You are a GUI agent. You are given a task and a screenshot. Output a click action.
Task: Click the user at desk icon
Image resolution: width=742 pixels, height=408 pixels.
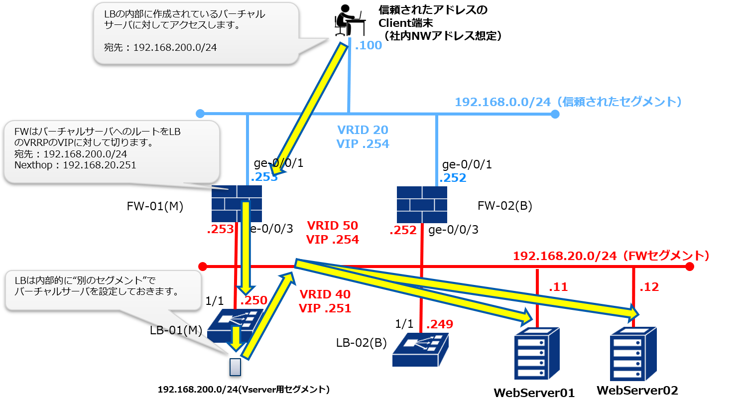pyautogui.click(x=350, y=20)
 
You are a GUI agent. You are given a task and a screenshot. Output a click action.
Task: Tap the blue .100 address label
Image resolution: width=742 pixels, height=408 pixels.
pyautogui.click(x=369, y=45)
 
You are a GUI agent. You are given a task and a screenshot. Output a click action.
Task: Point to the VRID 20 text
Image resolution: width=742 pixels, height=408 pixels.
pyautogui.click(x=363, y=130)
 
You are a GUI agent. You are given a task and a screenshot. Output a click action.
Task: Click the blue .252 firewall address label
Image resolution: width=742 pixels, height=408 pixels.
pyautogui.click(x=453, y=178)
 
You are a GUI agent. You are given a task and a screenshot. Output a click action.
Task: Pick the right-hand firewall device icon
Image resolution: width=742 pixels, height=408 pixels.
pyautogui.click(x=422, y=204)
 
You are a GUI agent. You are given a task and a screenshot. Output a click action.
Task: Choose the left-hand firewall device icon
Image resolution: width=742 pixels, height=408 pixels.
pyautogui.click(x=237, y=204)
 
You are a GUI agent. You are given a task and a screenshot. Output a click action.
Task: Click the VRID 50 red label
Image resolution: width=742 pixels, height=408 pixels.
pyautogui.click(x=332, y=226)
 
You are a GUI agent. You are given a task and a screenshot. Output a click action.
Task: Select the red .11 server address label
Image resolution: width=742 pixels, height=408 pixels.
pyautogui.click(x=558, y=287)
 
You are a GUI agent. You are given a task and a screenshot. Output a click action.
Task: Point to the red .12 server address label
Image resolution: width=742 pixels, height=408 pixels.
pyautogui.click(x=649, y=287)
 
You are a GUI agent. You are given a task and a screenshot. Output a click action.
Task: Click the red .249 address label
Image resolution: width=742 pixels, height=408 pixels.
pyautogui.click(x=440, y=324)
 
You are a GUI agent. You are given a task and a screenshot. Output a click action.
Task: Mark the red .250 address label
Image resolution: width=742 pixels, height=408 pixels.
pyautogui.click(x=254, y=300)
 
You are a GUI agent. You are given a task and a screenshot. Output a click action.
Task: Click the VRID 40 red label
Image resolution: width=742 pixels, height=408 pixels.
pyautogui.click(x=325, y=294)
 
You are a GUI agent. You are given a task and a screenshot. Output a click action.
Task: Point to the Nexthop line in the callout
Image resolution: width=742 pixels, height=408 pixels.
pyautogui.click(x=75, y=165)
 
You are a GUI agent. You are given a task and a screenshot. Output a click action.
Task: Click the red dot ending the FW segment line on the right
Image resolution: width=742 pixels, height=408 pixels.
pyautogui.click(x=690, y=267)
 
